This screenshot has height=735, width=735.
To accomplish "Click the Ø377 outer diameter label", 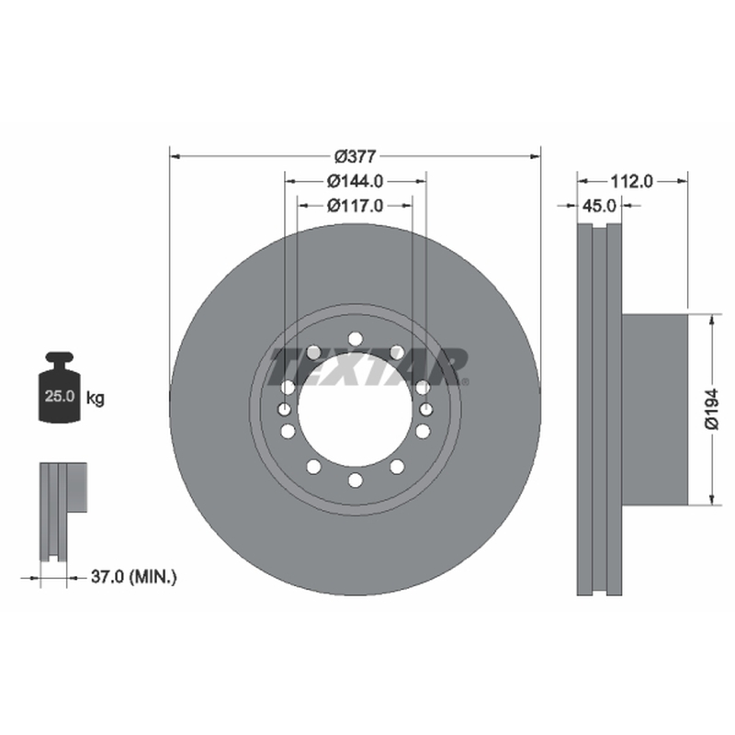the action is click(x=355, y=156).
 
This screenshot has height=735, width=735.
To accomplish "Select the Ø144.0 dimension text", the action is click(x=355, y=181).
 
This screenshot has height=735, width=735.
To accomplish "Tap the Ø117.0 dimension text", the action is click(x=355, y=205).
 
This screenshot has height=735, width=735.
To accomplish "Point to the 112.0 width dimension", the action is click(x=631, y=181).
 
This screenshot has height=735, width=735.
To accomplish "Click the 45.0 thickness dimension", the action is click(x=599, y=205).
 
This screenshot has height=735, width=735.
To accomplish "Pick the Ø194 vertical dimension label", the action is click(x=711, y=409).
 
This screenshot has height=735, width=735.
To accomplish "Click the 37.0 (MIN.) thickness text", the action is click(x=133, y=577).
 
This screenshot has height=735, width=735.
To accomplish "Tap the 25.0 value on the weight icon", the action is click(x=60, y=396).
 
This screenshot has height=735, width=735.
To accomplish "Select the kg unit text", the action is click(x=96, y=399).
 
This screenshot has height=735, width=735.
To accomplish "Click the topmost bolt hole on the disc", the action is click(x=356, y=338).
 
